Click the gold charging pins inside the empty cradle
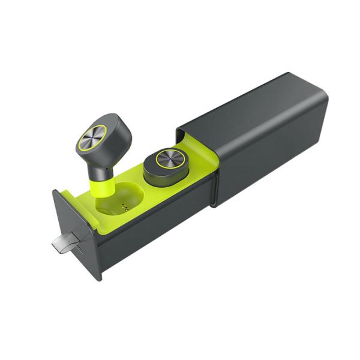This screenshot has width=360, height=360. [x=126, y=209]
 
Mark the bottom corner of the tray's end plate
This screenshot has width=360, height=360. [x=100, y=278]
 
